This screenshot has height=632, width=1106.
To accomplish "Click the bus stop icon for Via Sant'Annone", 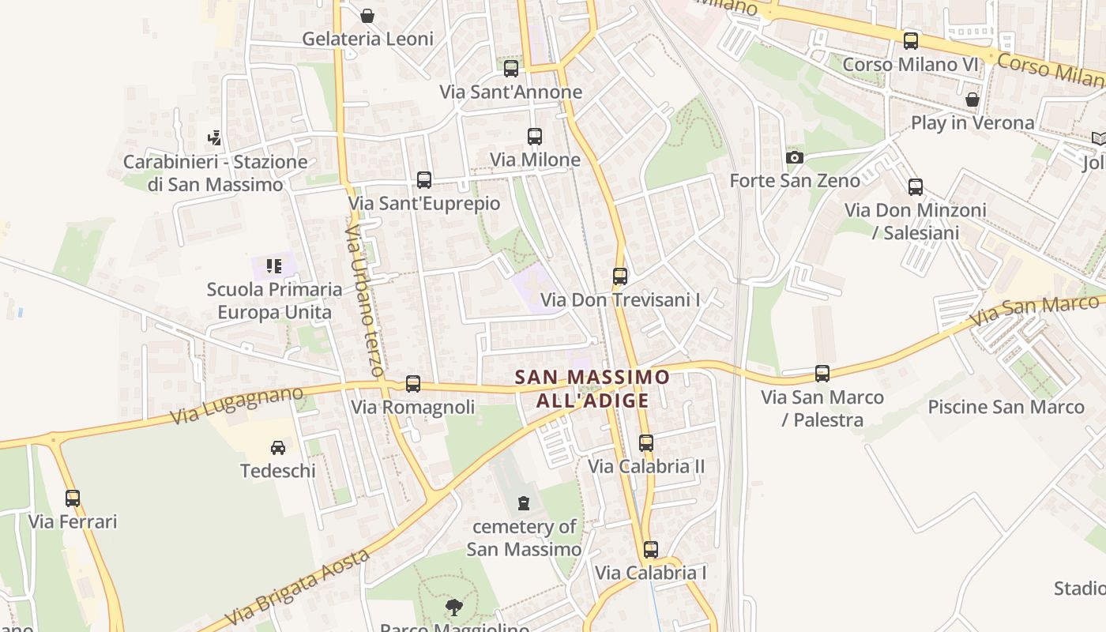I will pos(511,69).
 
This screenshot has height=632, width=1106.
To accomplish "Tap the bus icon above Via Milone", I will pos(535,137).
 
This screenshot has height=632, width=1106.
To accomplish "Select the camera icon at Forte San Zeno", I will pos(795,158).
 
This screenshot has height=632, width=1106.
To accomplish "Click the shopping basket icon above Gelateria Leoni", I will pos(367,16).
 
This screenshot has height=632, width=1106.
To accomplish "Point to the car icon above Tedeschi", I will pos(278,448).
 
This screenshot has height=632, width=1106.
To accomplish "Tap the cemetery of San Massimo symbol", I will pos(523,502).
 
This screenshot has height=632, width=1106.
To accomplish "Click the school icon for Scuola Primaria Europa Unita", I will pos(274,266).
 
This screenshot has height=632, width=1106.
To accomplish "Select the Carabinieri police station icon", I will pos(214,139).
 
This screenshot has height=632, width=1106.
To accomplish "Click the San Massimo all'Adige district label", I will pos(592,389).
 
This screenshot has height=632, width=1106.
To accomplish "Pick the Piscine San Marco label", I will pos(1006,408).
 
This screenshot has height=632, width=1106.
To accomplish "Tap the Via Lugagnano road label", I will pos(237,404).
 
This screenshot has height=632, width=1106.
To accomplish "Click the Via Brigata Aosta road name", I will pos(299,587).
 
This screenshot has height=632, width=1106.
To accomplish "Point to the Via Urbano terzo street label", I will pos(364,300).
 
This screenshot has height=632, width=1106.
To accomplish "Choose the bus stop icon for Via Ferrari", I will pos(73,498).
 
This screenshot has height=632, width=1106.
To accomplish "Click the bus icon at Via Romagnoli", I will pos(413,384).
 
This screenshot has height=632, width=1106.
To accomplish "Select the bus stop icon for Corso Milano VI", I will pos(911,41).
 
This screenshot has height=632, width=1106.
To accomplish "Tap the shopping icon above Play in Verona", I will pos(972,100).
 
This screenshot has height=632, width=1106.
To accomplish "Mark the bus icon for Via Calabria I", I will pos(651,550).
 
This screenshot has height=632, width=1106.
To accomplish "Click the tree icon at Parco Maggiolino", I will pos(454,608).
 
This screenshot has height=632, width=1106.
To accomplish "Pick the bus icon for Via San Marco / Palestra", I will pos(822,374).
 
